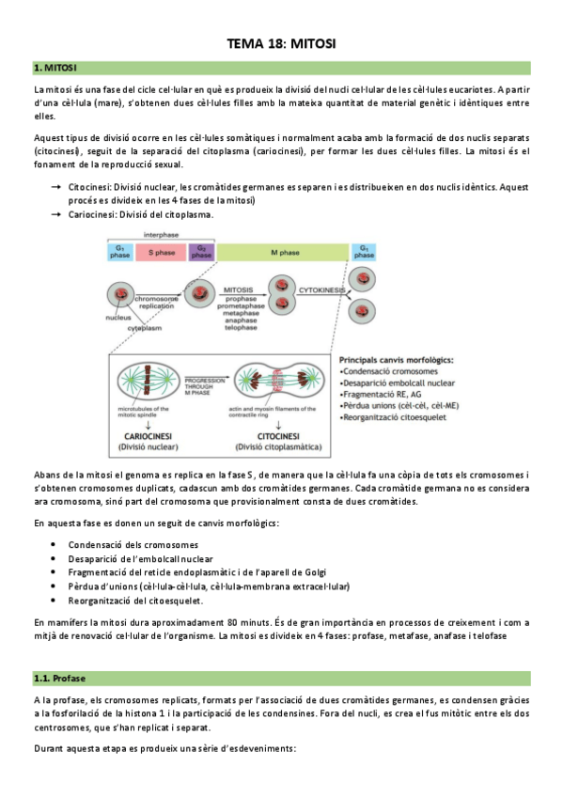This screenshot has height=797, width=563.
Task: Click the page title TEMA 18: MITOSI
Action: pyautogui.click(x=282, y=43)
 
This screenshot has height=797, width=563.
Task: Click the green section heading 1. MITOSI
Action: pyautogui.click(x=55, y=69)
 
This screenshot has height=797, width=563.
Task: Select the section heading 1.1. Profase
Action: pyautogui.click(x=61, y=678)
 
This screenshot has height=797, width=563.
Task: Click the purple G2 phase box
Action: pyautogui.click(x=201, y=252)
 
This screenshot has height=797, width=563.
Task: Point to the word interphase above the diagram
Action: pyautogui.click(x=162, y=234)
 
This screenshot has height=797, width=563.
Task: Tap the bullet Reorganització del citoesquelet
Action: pyautogui.click(x=135, y=601)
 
